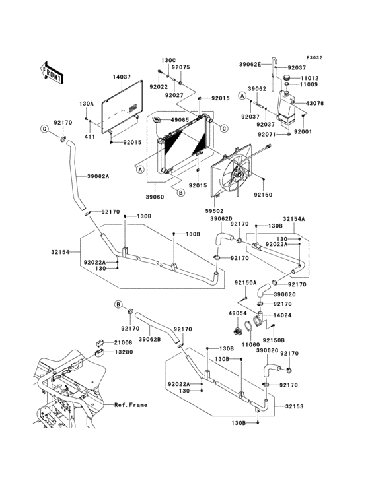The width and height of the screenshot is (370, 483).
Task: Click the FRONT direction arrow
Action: tap(52, 73)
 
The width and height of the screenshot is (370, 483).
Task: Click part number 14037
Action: tap(122, 77)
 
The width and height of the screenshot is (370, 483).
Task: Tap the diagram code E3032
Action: tap(314, 57)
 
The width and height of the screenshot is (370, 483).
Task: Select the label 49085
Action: tap(180, 120)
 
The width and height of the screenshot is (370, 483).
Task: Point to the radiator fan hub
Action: tap(237, 176)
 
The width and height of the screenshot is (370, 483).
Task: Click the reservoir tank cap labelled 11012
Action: tap(289, 77)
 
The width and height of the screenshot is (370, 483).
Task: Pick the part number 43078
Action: tap(314, 103)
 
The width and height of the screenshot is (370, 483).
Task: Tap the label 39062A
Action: tap(98, 176)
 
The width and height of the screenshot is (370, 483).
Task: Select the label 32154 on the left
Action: tap(60, 252)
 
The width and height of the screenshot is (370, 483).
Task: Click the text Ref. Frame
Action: tap(131, 405)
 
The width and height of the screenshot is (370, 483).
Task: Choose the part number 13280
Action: tap(124, 352)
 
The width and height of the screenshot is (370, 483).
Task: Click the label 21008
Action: tap(124, 342)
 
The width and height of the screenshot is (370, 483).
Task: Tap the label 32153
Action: tap(295, 406)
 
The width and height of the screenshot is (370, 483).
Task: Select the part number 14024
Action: tap(282, 315)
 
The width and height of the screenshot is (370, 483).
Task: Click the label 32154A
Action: tap(294, 219)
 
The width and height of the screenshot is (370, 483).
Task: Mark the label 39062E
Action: tap(250, 65)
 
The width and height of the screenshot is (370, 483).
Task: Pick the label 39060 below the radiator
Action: tap(155, 197)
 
